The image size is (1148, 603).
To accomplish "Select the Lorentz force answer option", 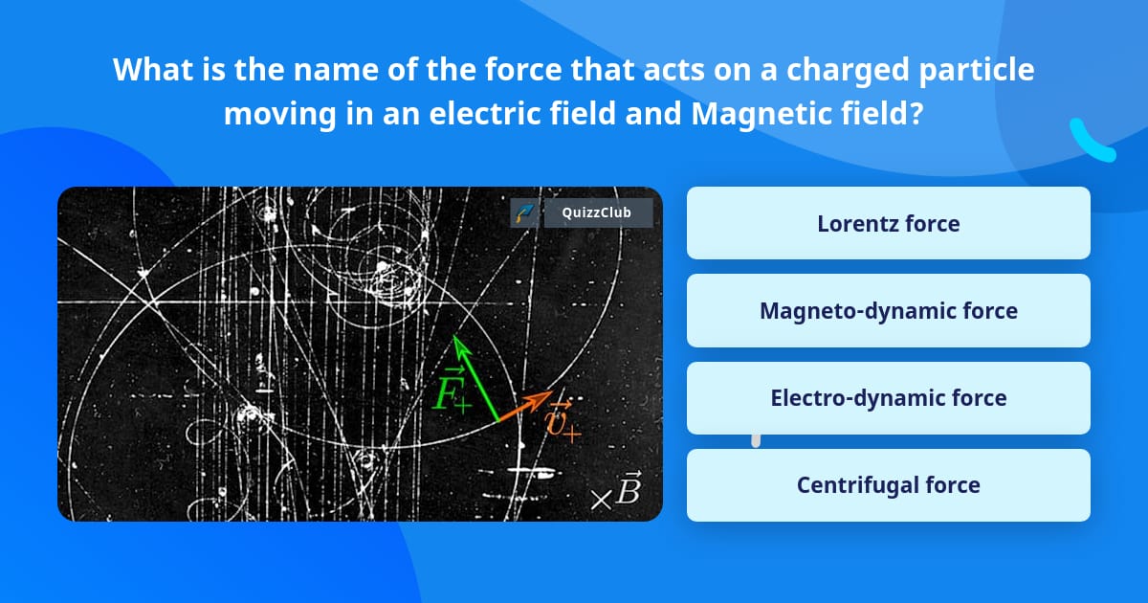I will pyautogui.click(x=888, y=223).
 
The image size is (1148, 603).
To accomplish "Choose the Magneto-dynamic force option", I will pyautogui.click(x=888, y=311).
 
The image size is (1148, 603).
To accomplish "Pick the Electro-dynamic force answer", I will pyautogui.click(x=888, y=398).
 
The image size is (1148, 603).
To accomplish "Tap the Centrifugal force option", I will pyautogui.click(x=888, y=485).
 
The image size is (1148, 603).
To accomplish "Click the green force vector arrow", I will pyautogui.click(x=475, y=377).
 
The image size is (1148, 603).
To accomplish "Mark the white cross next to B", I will pyautogui.click(x=601, y=499).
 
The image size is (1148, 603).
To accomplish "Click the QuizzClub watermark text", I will pyautogui.click(x=598, y=212).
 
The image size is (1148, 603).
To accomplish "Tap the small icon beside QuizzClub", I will pyautogui.click(x=525, y=212).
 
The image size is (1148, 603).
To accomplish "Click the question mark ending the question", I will pyautogui.click(x=916, y=114).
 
